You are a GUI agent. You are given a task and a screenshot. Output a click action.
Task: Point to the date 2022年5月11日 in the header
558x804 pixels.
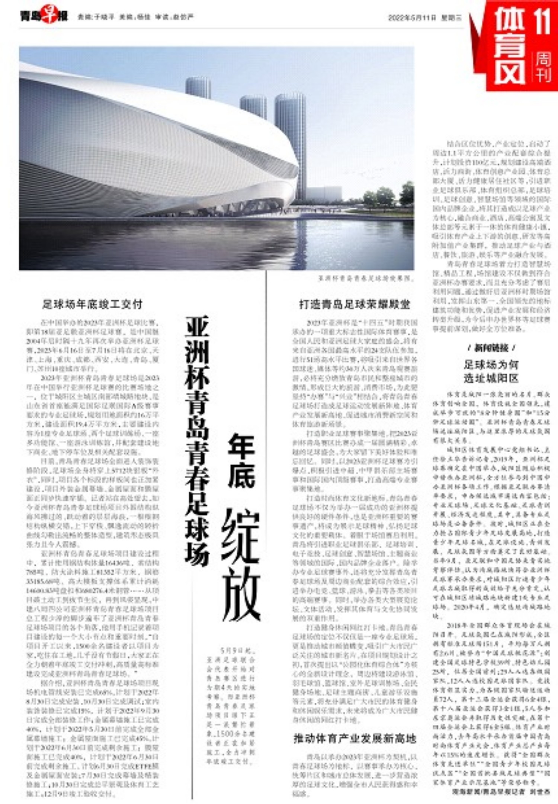pos(412,17)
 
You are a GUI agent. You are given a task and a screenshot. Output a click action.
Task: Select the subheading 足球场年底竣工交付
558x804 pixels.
pos(92,305)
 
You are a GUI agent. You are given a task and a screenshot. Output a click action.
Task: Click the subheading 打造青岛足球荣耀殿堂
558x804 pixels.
pos(355,305)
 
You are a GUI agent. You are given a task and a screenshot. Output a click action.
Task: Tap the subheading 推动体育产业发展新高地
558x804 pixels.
pos(355,738)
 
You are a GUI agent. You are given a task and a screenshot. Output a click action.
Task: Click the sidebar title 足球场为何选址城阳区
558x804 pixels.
pos(491,372)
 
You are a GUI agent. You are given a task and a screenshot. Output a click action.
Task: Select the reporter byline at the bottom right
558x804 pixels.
pos(501,792)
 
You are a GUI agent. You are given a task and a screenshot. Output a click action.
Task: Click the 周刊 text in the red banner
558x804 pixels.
pos(543,67)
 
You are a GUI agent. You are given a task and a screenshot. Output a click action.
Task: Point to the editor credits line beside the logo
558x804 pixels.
pos(136,17)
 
